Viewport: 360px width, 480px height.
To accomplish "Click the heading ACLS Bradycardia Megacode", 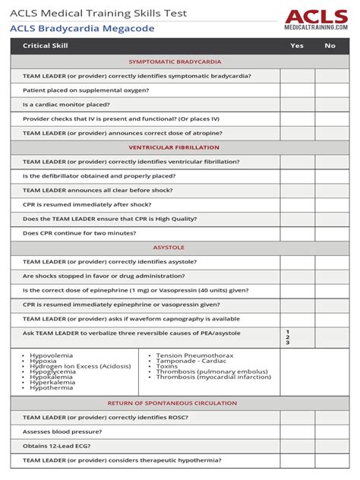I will tap(82, 29).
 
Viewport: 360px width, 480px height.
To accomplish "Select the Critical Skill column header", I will tap(47, 46).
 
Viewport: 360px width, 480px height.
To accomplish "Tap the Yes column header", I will tap(297, 46).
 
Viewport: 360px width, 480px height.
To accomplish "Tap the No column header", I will tap(330, 46).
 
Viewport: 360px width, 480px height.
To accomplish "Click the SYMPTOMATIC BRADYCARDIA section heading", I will tap(174, 62).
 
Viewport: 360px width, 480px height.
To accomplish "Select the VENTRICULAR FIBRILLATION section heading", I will tap(174, 147).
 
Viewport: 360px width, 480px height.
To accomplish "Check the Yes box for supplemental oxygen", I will tap(297, 90).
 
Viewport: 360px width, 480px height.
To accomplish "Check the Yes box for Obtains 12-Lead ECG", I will tap(297, 446).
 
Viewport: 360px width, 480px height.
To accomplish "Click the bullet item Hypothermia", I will tap(52, 387).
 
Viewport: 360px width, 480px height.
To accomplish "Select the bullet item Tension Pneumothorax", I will tap(194, 355).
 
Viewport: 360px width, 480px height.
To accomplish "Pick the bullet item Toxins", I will tap(168, 366).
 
